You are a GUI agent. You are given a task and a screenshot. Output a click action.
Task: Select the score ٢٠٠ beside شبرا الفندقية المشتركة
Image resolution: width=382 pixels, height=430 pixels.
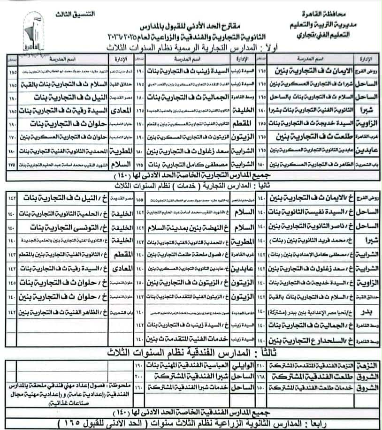pos(138,376)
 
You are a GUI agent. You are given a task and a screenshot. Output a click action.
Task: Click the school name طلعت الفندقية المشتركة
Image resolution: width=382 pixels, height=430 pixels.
pos(312,376)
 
